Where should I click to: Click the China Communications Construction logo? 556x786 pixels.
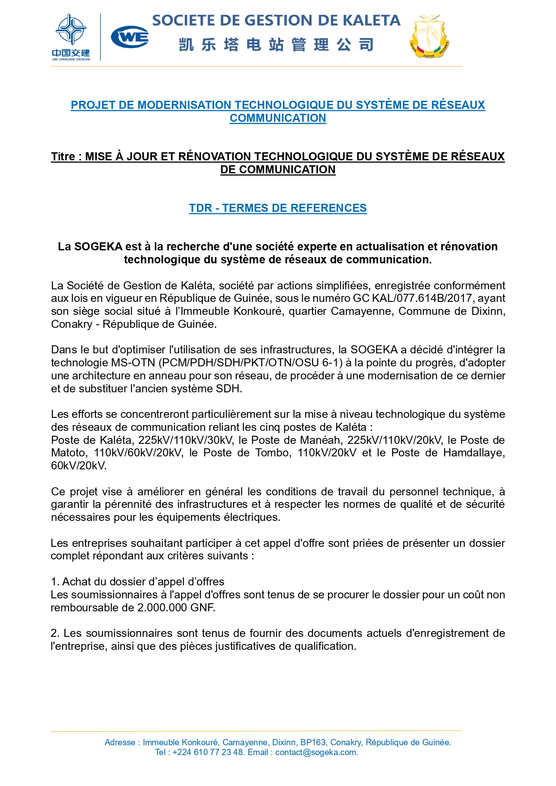click(71, 37)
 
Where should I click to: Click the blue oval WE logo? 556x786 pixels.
click(130, 37)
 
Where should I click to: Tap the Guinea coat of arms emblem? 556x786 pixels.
click(429, 37)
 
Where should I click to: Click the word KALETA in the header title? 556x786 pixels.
click(371, 21)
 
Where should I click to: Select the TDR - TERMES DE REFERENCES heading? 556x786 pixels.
click(278, 208)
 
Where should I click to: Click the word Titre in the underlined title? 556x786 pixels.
click(63, 157)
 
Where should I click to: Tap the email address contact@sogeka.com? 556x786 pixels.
click(316, 752)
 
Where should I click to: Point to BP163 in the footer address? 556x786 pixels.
click(313, 743)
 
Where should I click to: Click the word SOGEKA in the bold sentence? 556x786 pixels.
click(98, 247)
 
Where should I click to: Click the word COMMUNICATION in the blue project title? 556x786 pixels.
click(278, 118)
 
